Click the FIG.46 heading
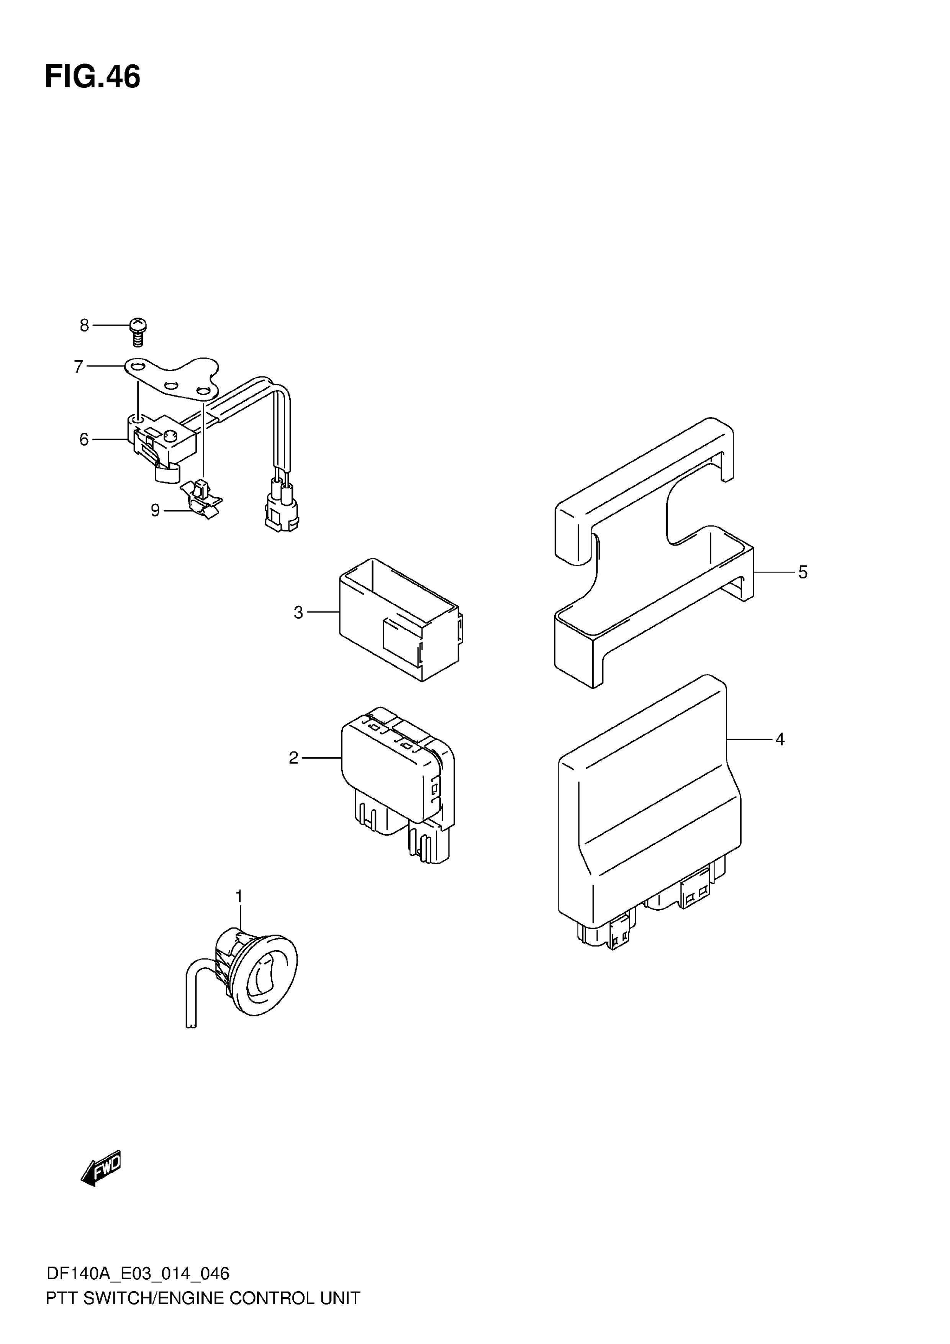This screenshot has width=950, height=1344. coord(92,78)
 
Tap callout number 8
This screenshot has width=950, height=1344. coord(84,325)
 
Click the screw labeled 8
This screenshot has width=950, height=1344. coord(138,331)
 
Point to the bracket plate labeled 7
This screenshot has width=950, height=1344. coord(173,377)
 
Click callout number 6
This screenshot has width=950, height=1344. coord(84,439)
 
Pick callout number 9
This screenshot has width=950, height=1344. coord(155,510)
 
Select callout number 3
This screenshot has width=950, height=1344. coord(298,613)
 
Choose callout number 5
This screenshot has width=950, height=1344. coord(803,572)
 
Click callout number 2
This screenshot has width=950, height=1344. coord(294,758)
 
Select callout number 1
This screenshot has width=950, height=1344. coord(239,896)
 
